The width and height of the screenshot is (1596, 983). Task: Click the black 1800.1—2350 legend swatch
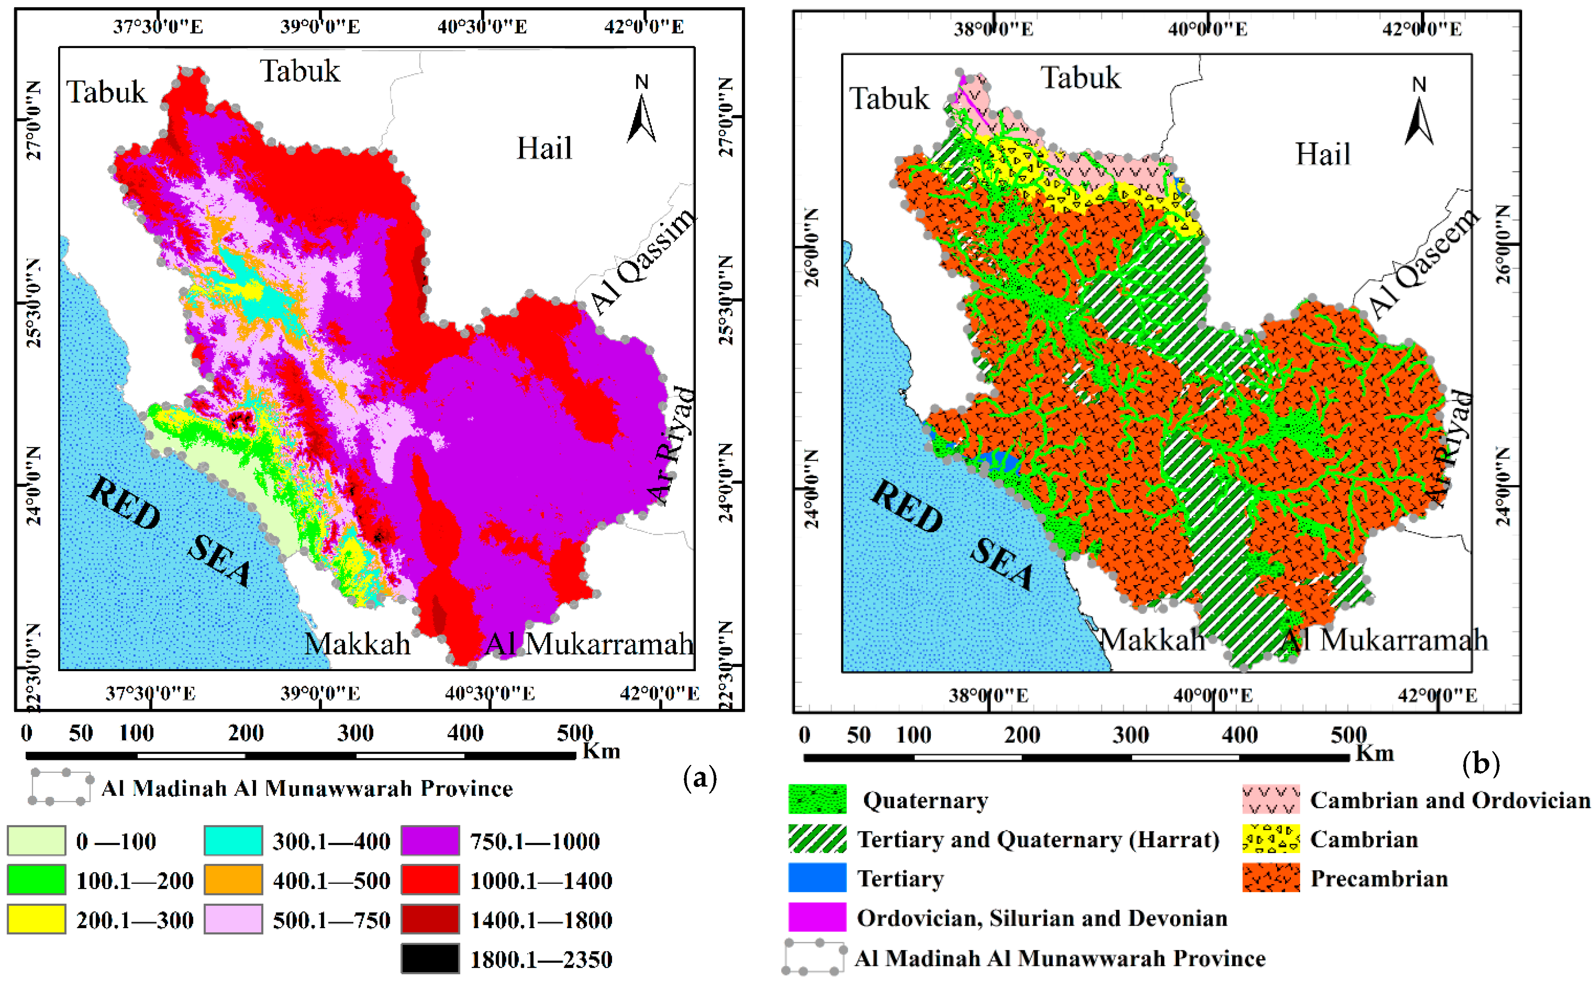click(x=430, y=958)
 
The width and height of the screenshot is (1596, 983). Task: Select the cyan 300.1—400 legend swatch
click(x=233, y=841)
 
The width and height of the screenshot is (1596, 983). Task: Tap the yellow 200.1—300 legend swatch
click(x=37, y=919)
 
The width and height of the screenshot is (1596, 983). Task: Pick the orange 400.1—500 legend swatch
click(x=233, y=880)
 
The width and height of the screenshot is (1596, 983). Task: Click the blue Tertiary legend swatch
click(x=817, y=878)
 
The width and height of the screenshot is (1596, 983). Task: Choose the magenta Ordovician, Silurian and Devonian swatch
click(x=817, y=917)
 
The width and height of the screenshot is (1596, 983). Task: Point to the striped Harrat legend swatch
click(x=817, y=838)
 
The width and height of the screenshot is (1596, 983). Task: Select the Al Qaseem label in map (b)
click(x=1423, y=263)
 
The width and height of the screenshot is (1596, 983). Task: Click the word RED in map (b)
click(x=906, y=506)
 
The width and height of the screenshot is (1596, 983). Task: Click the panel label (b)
click(x=1480, y=763)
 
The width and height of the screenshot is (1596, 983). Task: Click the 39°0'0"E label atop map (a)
click(x=320, y=27)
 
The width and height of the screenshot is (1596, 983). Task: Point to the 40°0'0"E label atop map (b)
click(x=1207, y=29)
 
